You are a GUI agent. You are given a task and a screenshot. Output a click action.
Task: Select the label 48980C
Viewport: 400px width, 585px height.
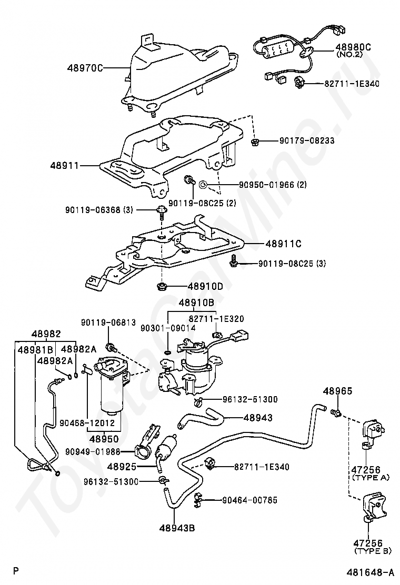[x=353, y=47]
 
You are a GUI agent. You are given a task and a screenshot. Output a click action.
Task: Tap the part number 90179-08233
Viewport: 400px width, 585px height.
[x=307, y=141]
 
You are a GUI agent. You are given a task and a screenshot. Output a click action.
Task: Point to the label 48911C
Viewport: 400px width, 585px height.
[x=283, y=244]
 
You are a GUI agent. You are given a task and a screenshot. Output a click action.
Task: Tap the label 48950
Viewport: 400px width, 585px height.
[x=104, y=439]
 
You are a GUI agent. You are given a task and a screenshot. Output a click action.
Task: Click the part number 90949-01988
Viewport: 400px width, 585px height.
[x=93, y=451]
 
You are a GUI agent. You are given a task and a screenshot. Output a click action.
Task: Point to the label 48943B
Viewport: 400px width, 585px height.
[x=176, y=528]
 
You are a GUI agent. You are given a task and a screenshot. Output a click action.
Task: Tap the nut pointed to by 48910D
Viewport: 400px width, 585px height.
[x=162, y=287]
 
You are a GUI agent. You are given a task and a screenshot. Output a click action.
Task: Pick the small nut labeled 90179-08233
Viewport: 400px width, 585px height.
[x=254, y=141]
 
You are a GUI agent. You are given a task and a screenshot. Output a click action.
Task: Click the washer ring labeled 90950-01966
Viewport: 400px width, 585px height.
[x=203, y=185]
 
